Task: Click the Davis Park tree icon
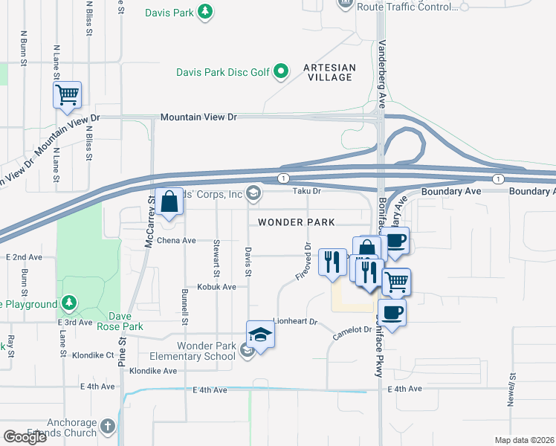(206, 11)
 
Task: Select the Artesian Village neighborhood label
(329, 72)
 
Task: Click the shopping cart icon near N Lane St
(67, 94)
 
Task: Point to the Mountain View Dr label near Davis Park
(198, 118)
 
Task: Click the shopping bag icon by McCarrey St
(170, 201)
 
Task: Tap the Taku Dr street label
(306, 191)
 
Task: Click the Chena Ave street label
(175, 241)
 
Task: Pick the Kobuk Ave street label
(216, 286)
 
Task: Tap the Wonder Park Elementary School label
(195, 351)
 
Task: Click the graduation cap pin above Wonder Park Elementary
(261, 335)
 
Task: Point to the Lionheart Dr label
(295, 322)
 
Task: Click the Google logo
(25, 437)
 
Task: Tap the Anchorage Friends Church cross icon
(108, 427)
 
